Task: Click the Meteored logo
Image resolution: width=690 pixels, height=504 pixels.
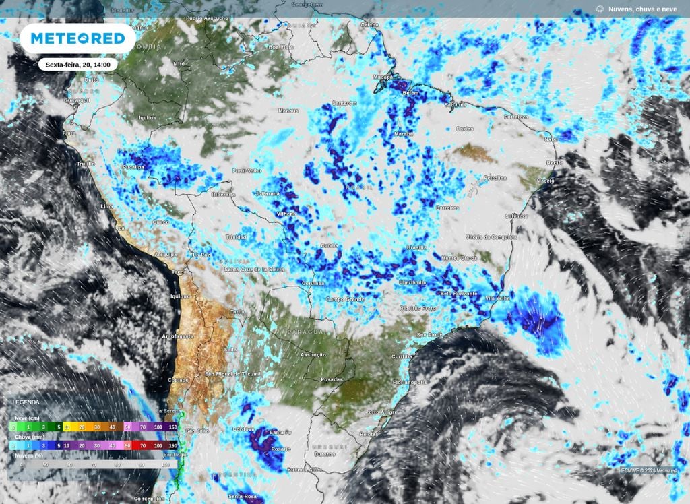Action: [x=77, y=38]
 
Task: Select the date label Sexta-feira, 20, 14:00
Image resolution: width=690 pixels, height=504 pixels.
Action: [x=78, y=65]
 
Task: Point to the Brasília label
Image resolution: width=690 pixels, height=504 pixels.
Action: [x=416, y=247]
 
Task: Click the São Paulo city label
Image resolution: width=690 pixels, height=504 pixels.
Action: [x=429, y=334]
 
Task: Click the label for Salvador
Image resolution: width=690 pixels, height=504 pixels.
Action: [x=517, y=216]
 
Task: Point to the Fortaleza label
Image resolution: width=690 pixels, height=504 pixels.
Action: [x=516, y=117]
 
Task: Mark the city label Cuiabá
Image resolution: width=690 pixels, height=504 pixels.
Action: [x=329, y=245]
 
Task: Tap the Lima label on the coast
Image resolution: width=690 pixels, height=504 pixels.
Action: [x=106, y=206]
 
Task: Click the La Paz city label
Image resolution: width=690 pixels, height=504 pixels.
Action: [x=201, y=255]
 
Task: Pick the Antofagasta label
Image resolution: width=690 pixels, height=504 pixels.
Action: [x=178, y=336]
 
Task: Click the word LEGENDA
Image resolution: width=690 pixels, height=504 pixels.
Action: [x=26, y=402]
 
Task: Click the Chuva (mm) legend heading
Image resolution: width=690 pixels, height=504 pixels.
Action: [x=28, y=437]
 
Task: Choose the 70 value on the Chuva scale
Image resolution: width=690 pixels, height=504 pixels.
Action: [x=143, y=445]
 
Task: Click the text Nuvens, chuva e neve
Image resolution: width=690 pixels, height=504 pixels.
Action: [x=642, y=9]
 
